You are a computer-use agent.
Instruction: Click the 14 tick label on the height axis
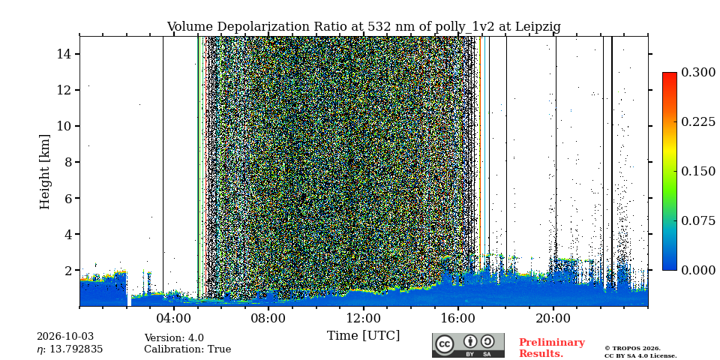pyautogui.click(x=64, y=54)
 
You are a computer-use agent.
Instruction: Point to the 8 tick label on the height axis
pyautogui.click(x=68, y=162)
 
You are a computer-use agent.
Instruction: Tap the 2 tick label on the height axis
pyautogui.click(x=68, y=270)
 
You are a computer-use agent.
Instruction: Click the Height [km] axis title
pyautogui.click(x=44, y=172)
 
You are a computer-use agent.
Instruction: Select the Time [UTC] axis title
pyautogui.click(x=363, y=336)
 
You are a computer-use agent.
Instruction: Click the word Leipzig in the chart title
pyautogui.click(x=539, y=27)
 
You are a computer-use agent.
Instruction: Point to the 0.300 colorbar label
pyautogui.click(x=698, y=72)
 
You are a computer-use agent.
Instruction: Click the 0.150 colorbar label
pyautogui.click(x=698, y=171)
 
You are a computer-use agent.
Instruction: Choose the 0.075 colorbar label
pyautogui.click(x=698, y=220)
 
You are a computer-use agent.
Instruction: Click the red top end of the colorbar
pyautogui.click(x=670, y=74)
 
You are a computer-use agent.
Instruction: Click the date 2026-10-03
pyautogui.click(x=64, y=337)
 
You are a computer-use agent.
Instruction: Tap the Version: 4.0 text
pyautogui.click(x=174, y=338)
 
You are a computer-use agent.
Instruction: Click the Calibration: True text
pyautogui.click(x=187, y=349)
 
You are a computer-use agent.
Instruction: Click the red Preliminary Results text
pyautogui.click(x=552, y=348)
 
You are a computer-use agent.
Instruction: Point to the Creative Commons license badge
pyautogui.click(x=468, y=345)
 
